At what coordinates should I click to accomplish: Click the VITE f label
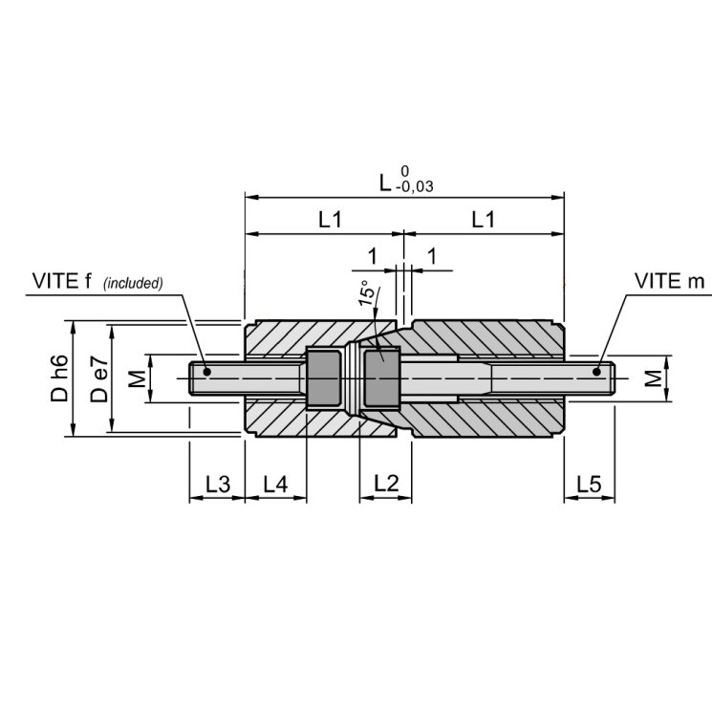tap(61, 281)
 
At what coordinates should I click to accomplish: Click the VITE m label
tap(669, 281)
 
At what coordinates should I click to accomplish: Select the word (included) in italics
tap(133, 283)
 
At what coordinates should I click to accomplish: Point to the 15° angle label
tap(369, 292)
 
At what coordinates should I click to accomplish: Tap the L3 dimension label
tap(218, 484)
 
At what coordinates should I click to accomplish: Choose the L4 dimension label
tap(275, 484)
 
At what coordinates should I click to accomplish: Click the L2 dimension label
tap(386, 484)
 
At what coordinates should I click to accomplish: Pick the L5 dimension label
tap(589, 484)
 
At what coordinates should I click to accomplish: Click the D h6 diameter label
tap(59, 378)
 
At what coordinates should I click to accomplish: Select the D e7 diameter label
tap(99, 379)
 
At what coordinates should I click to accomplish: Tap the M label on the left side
tap(137, 378)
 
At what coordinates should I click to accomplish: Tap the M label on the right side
tap(653, 378)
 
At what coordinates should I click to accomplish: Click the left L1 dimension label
tap(330, 220)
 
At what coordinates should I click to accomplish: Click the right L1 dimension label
tap(484, 220)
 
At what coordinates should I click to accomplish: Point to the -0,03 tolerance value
tap(414, 186)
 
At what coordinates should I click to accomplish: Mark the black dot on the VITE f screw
tap(207, 372)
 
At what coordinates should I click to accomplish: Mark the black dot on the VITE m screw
tap(596, 372)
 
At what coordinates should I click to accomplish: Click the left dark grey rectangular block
tap(324, 378)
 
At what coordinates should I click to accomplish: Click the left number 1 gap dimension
tap(373, 256)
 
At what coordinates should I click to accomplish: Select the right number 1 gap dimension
tap(432, 256)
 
